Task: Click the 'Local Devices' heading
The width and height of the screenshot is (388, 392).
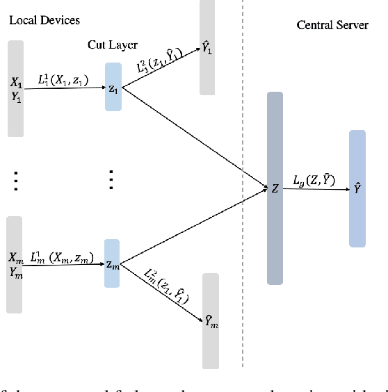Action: (x=44, y=21)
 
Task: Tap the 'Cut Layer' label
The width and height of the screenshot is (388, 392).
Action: (x=112, y=44)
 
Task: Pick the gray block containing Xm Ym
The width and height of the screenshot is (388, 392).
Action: (x=15, y=264)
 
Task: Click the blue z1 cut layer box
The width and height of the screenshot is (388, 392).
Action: (x=113, y=87)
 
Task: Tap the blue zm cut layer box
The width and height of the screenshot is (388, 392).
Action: (x=113, y=263)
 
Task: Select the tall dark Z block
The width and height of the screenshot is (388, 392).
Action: (x=275, y=188)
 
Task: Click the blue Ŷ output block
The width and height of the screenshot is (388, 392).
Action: (x=357, y=188)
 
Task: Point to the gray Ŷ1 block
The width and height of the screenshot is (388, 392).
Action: (x=207, y=47)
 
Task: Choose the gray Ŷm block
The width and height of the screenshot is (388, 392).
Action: (x=210, y=320)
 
